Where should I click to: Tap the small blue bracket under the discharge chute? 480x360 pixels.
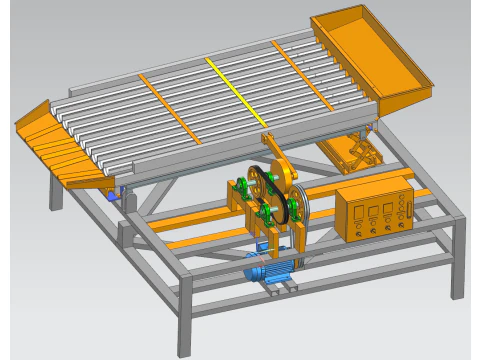click(116, 194)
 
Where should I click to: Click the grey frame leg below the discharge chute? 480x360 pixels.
click(56, 190)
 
